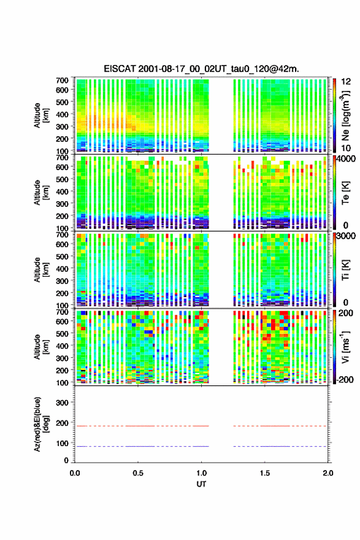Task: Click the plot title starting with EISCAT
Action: coord(201,69)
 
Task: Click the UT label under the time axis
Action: coord(201,484)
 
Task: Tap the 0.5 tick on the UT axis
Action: coord(138,473)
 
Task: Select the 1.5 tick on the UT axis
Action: coord(265,473)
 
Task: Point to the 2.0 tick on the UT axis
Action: coord(327,473)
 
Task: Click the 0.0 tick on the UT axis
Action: coord(75,473)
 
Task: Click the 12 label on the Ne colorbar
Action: coord(346,82)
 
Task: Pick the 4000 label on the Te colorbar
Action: coord(346,160)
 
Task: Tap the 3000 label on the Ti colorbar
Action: coord(346,236)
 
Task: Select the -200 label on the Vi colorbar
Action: coord(345,379)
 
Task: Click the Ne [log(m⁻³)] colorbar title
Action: coord(345,115)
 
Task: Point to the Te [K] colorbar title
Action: coord(345,193)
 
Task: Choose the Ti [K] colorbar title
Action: coord(345,269)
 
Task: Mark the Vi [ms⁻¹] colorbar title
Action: coord(345,347)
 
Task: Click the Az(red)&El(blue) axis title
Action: coord(40,424)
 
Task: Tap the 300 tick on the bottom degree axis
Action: coord(63,403)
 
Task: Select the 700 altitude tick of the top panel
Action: coord(63,80)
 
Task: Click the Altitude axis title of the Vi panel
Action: coord(40,347)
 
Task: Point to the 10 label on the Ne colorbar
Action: coord(346,148)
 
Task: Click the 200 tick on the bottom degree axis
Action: coord(63,423)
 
